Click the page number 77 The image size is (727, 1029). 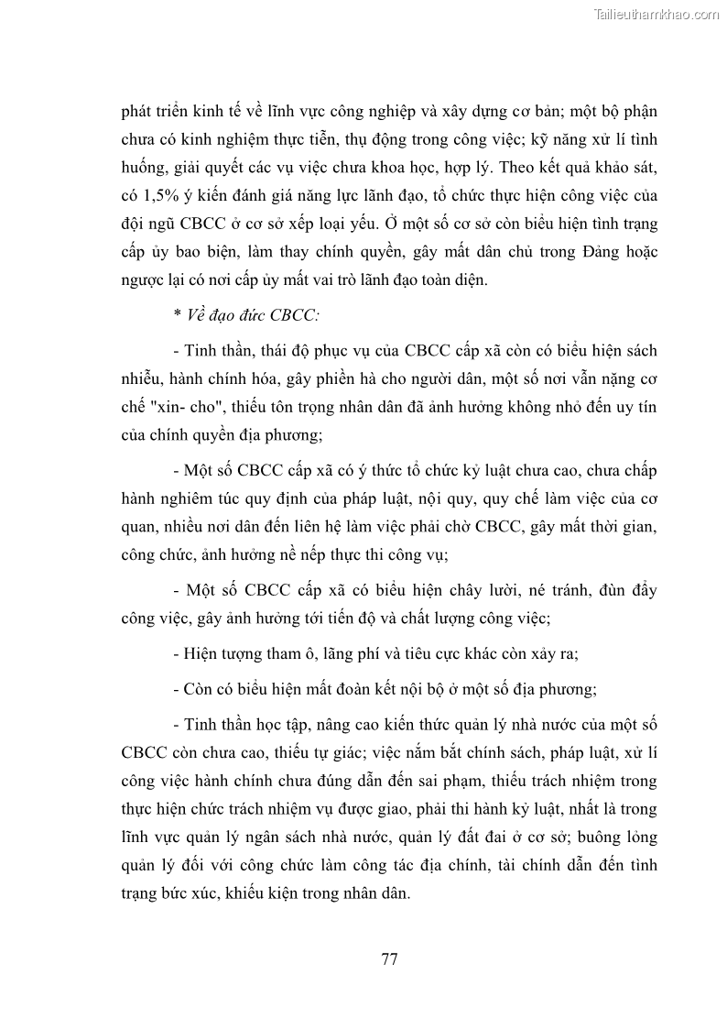388,959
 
